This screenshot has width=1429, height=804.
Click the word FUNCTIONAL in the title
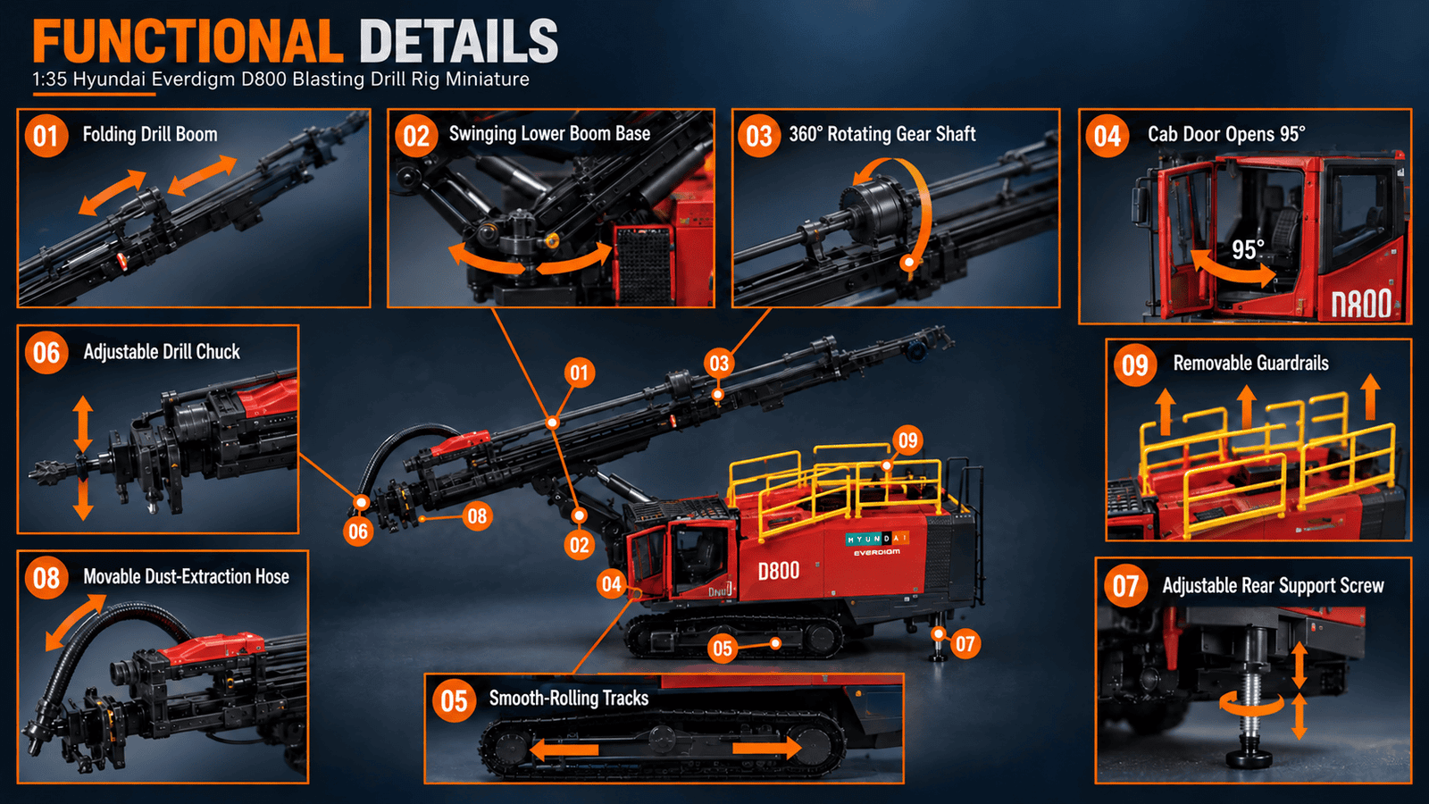[188, 41]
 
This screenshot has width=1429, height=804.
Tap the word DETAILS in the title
[459, 41]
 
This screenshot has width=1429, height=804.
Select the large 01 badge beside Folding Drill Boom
[46, 136]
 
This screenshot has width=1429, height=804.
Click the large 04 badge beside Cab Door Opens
[1107, 136]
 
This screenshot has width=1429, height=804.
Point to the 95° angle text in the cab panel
[1247, 249]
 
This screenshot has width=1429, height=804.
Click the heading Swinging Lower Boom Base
[549, 133]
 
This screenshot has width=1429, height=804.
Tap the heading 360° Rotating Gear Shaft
[882, 134]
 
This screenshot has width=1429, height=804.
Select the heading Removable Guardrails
[1250, 363]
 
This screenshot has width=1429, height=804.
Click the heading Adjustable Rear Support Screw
[1273, 586]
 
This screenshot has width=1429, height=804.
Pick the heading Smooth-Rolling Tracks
[568, 698]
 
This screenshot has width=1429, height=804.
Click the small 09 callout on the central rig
[907, 440]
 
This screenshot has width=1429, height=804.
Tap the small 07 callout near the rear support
[965, 644]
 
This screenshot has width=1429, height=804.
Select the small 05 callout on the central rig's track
[723, 649]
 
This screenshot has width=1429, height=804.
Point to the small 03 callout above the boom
[719, 364]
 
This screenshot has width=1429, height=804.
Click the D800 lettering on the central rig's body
[778, 571]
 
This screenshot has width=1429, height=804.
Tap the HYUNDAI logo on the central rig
[876, 540]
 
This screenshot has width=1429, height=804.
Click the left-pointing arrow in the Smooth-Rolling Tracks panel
[564, 750]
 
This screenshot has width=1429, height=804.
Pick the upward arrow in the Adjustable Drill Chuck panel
[83, 423]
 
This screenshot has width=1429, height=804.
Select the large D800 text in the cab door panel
[1361, 303]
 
